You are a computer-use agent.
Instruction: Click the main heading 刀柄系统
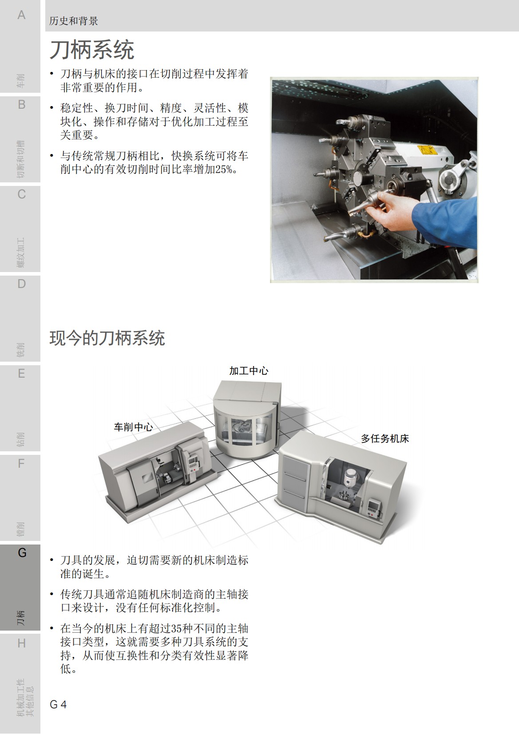pyautogui.click(x=91, y=50)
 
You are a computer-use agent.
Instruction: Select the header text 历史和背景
pyautogui.click(x=73, y=21)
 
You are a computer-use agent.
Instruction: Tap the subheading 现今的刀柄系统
pyautogui.click(x=107, y=338)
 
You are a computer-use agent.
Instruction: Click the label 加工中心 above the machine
pyautogui.click(x=249, y=371)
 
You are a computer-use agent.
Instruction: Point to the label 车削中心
pyautogui.click(x=133, y=427)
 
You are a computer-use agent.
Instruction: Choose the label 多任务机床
pyautogui.click(x=384, y=439)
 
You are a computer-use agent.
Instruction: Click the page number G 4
pyautogui.click(x=58, y=704)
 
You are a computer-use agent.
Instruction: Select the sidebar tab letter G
pyautogui.click(x=22, y=553)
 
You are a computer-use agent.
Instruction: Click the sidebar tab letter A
pyautogui.click(x=21, y=15)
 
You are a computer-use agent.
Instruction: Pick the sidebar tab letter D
pyautogui.click(x=21, y=284)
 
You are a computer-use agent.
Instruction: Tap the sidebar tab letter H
pyautogui.click(x=21, y=643)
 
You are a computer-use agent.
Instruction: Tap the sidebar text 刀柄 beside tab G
pyautogui.click(x=21, y=618)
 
